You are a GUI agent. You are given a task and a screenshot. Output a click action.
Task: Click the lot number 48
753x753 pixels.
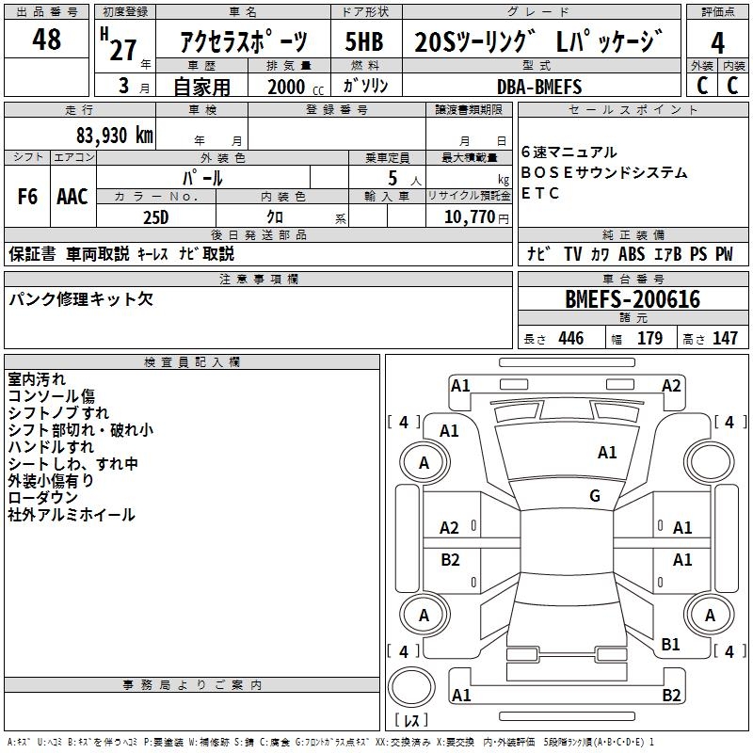pyautogui.click(x=46, y=40)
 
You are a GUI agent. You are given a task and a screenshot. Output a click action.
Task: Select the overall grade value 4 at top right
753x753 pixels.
pyautogui.click(x=718, y=43)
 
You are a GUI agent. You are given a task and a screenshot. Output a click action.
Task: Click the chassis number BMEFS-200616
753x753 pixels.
pyautogui.click(x=633, y=300)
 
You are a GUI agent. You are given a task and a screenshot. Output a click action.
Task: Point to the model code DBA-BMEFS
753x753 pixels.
pyautogui.click(x=539, y=87)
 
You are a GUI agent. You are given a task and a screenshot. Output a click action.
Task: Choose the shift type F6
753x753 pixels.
pyautogui.click(x=28, y=197)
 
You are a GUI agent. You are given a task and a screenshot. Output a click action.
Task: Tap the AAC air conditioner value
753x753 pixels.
pyautogui.click(x=72, y=197)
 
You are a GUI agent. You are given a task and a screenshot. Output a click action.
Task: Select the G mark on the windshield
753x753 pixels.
pyautogui.click(x=595, y=496)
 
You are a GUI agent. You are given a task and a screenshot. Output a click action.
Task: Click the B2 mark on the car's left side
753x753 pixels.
pyautogui.click(x=450, y=560)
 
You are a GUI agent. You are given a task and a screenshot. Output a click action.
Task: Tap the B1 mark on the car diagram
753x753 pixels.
pyautogui.click(x=670, y=645)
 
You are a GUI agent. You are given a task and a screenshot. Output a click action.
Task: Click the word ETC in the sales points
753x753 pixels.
pyautogui.click(x=540, y=194)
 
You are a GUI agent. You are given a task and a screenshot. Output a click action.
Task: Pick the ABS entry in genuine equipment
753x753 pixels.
pyautogui.click(x=632, y=254)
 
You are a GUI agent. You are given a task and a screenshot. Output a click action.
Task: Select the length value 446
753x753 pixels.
pyautogui.click(x=570, y=339)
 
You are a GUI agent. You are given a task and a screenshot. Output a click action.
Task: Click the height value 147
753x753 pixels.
pyautogui.click(x=725, y=339)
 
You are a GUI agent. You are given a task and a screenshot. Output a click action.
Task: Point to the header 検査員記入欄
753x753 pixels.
pyautogui.click(x=192, y=361)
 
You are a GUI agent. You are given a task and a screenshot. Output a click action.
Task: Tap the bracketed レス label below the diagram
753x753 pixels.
pyautogui.click(x=411, y=722)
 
